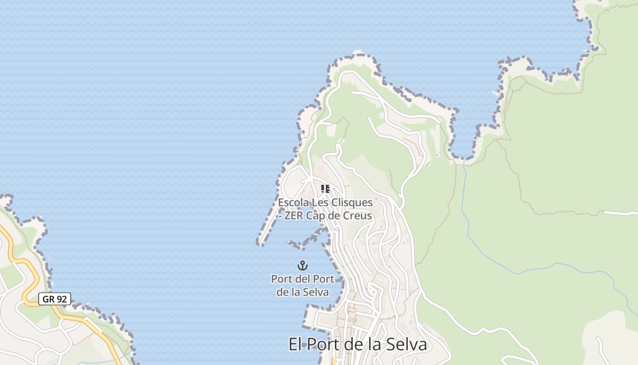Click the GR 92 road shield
(54, 299)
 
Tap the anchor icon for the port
(303, 265)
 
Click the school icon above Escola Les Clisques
(325, 189)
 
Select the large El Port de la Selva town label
(358, 344)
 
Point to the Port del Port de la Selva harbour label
(303, 285)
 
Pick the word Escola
(293, 203)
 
